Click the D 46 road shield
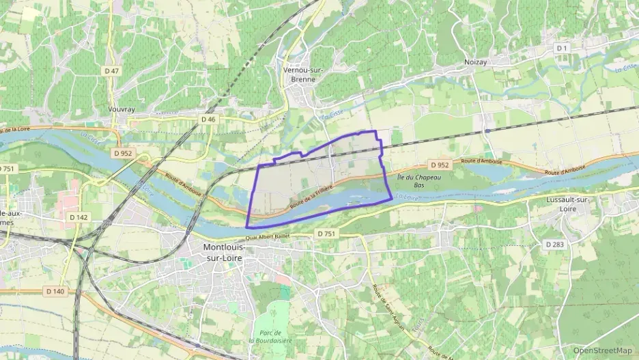point(208,119)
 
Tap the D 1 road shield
point(562,49)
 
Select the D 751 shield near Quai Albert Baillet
point(326,234)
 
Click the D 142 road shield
point(78,217)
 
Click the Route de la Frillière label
point(311,196)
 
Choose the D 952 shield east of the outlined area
point(440,165)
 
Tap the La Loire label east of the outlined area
point(407,197)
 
